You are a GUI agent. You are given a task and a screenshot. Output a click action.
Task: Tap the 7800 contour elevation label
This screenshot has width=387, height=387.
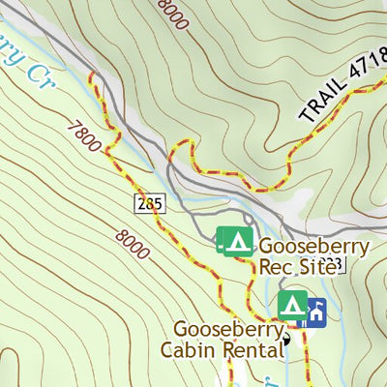pyautogui.click(x=85, y=135)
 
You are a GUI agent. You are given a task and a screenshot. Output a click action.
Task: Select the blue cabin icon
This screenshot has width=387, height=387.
pyautogui.click(x=315, y=312)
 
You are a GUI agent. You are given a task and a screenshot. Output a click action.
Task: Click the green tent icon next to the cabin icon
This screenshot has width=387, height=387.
pyautogui.click(x=292, y=306)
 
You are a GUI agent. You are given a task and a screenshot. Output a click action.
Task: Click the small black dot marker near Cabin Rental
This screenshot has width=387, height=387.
pyautogui.click(x=286, y=339)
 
